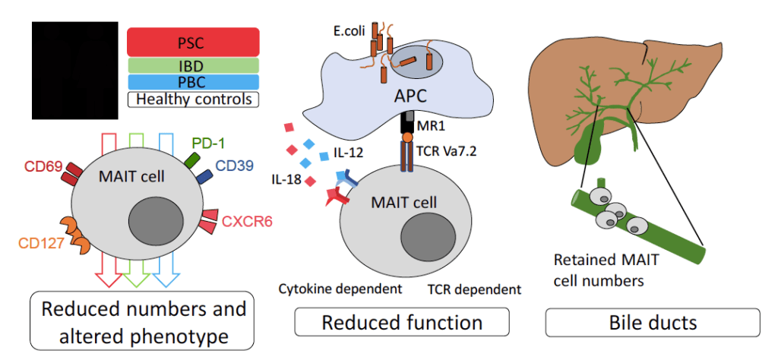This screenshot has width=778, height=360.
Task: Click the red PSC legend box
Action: tap(193, 42)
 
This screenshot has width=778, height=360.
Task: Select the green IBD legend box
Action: tap(193, 66)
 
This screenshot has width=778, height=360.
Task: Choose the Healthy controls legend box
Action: tap(193, 99)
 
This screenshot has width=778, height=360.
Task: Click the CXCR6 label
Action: tap(247, 222)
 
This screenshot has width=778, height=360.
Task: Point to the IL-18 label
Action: tap(288, 182)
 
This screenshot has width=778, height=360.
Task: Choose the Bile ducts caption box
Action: tap(653, 322)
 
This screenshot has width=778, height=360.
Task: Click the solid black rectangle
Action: tap(74, 71)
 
